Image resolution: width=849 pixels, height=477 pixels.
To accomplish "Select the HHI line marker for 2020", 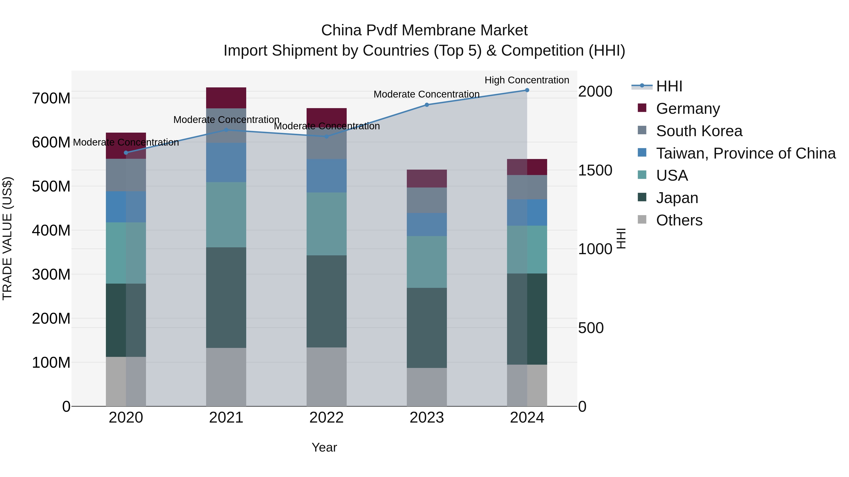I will [126, 153].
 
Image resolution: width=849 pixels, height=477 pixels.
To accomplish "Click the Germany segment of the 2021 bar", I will [226, 98].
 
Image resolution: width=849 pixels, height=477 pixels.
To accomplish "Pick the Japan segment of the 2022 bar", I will [326, 301].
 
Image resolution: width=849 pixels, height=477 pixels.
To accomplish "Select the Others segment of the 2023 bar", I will [426, 387].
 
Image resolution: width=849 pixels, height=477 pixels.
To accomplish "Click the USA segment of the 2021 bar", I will [226, 215].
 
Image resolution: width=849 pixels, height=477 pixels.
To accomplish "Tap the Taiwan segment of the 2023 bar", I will [426, 224].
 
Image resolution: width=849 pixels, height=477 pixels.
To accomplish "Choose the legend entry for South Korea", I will [699, 131].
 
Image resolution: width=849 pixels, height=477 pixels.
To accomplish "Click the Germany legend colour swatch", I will [642, 108].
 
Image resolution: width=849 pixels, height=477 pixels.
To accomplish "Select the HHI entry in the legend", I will [669, 86].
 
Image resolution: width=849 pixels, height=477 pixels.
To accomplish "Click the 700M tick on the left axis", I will [51, 98].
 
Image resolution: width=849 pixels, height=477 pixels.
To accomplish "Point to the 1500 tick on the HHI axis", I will [595, 170].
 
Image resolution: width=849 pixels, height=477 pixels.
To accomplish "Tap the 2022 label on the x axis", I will [326, 418].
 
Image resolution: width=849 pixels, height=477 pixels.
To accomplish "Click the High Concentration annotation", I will [527, 80].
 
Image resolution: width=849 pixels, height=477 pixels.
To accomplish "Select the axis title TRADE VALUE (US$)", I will [7, 238].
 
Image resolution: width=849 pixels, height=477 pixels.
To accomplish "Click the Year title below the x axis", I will [324, 447].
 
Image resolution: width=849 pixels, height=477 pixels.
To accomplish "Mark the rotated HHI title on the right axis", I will [621, 238].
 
